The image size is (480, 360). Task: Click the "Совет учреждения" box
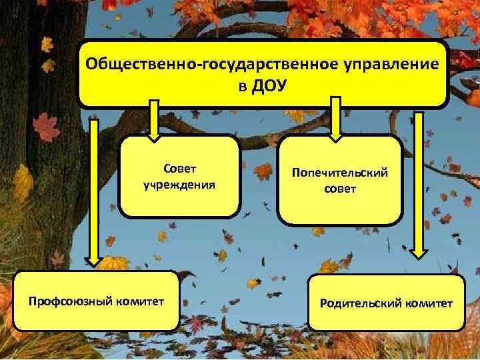coord(179,177)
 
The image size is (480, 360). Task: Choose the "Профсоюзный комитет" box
coord(97,301)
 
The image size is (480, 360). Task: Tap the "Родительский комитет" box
coord(386,303)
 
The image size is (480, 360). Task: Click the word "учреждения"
coord(179,183)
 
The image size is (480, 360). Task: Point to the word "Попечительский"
coord(340,173)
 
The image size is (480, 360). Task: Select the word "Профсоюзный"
coord(71,301)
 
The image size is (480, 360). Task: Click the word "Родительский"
coord(361,303)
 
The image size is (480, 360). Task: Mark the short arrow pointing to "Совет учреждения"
coord(154,120)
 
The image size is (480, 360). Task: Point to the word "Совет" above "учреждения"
coord(179,169)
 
